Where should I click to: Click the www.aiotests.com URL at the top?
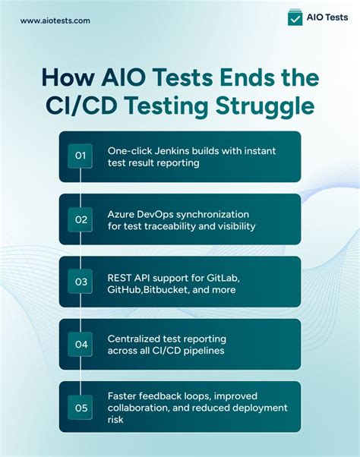coord(55,20)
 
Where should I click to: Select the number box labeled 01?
coord(81,156)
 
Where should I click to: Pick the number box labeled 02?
coord(81,219)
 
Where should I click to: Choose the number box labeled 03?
coord(81,282)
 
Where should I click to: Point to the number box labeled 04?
coord(81,344)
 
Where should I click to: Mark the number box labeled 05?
coord(81,407)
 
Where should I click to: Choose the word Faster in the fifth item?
coord(122,395)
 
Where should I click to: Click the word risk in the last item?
coord(117,420)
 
